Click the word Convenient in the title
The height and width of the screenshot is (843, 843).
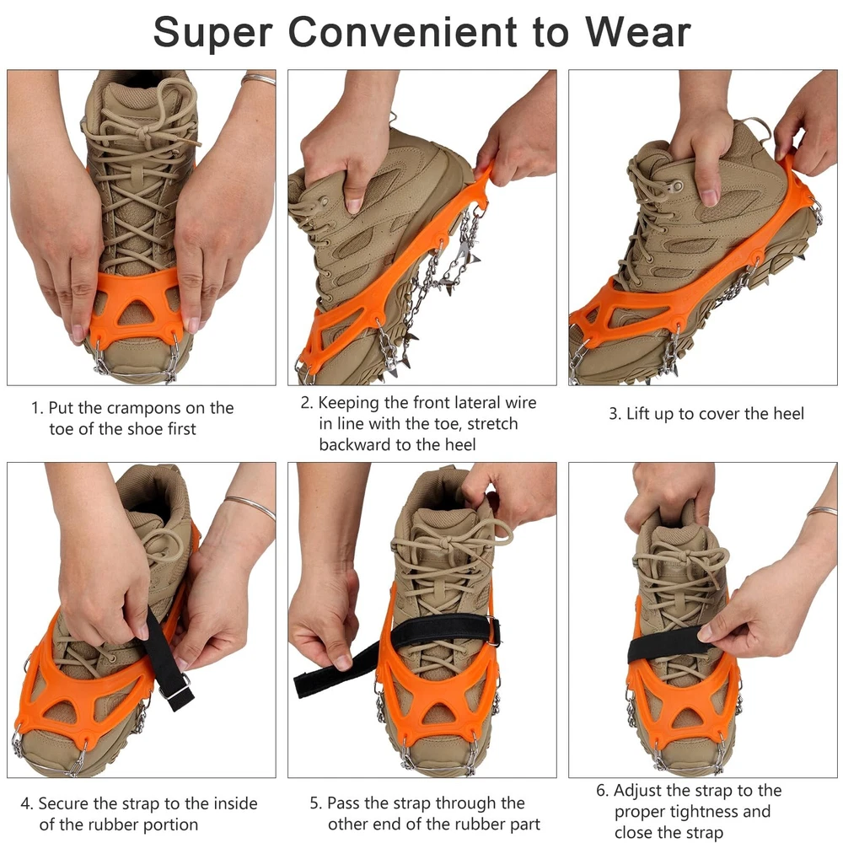point(401,32)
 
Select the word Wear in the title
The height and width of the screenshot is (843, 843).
point(637,32)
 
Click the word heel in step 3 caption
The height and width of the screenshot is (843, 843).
point(788,413)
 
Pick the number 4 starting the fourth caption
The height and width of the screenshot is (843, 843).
point(25,803)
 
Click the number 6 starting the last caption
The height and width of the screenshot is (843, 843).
point(602,791)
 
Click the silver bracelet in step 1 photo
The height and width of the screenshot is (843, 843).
point(258,79)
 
